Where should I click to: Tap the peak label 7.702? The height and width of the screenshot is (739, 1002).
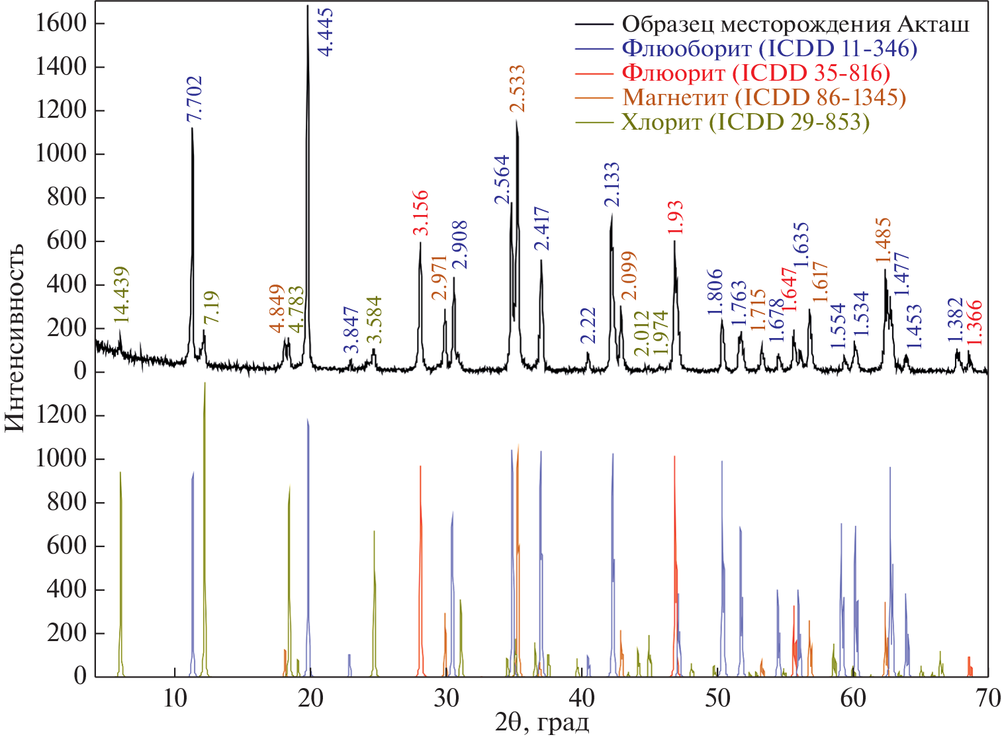pyautogui.click(x=195, y=99)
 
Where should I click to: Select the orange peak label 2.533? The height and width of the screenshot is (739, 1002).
pyautogui.click(x=517, y=89)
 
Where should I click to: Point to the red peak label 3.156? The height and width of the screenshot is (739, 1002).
pyautogui.click(x=420, y=213)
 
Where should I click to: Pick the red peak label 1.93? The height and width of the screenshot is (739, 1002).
pyautogui.click(x=676, y=218)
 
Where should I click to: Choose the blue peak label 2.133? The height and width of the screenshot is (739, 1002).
pyautogui.click(x=612, y=185)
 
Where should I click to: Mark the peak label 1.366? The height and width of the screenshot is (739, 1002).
pyautogui.click(x=974, y=323)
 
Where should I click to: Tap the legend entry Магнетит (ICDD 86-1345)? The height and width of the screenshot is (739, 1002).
pyautogui.click(x=764, y=97)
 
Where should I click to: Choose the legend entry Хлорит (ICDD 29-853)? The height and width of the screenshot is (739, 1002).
pyautogui.click(x=745, y=122)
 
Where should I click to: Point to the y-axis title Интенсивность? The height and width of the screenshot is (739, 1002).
pyautogui.click(x=15, y=337)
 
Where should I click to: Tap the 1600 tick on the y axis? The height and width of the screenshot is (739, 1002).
pyautogui.click(x=62, y=24)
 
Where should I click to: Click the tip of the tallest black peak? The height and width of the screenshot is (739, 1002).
pyautogui.click(x=308, y=7)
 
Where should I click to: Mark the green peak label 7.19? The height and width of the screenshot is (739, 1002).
pyautogui.click(x=211, y=308)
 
